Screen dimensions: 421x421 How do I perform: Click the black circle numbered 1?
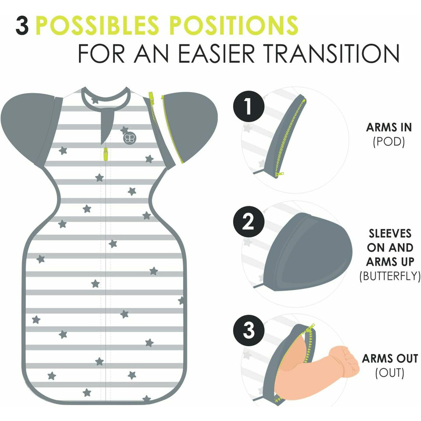(248, 107)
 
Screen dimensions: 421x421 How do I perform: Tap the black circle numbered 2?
(248, 222)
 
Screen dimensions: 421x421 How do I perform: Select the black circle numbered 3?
(248, 330)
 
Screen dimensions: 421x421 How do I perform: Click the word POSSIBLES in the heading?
(97, 25)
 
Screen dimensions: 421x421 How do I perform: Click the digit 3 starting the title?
(22, 25)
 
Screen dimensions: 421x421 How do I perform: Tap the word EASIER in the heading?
(216, 53)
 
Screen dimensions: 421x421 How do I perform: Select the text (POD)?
(388, 142)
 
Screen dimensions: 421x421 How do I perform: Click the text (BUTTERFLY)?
(390, 276)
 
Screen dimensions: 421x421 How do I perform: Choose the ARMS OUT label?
(390, 358)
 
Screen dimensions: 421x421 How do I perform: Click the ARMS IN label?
(389, 127)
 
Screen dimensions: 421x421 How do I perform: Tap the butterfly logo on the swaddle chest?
(129, 138)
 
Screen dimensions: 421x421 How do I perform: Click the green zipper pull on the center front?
(106, 154)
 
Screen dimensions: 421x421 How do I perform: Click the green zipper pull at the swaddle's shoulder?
(152, 98)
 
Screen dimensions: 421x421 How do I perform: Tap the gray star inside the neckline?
(95, 101)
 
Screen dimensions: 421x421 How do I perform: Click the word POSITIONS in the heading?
(234, 25)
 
